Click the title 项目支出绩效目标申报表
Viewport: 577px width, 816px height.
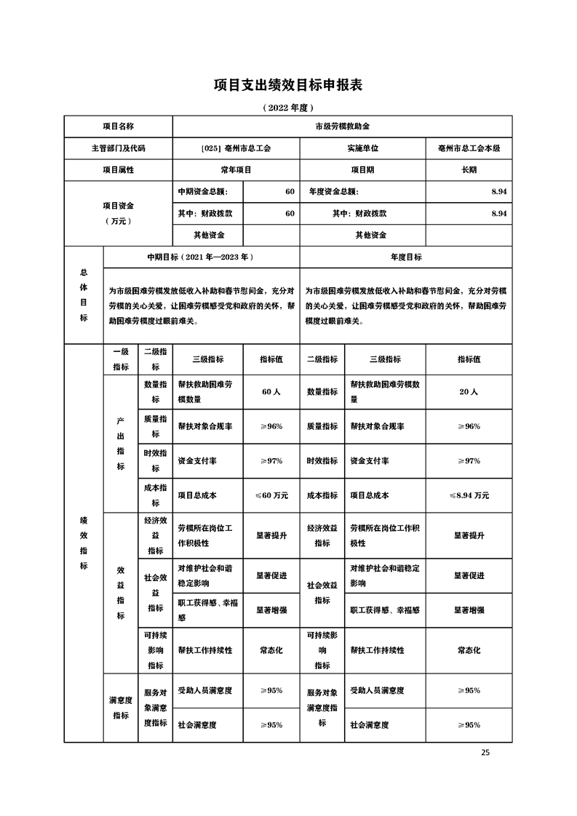tap(287, 85)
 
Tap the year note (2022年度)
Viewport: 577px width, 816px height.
tap(287, 108)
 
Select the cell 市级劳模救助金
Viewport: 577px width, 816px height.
tap(342, 126)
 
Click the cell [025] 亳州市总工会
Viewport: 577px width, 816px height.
tap(235, 148)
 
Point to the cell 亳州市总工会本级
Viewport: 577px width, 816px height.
tap(469, 148)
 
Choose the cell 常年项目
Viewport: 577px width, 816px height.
tap(235, 169)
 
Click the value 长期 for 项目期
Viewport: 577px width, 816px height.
tap(469, 169)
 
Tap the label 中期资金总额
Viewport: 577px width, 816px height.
tap(202, 192)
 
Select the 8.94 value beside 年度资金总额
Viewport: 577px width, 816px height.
tap(498, 192)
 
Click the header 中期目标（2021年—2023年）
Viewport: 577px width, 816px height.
tap(201, 257)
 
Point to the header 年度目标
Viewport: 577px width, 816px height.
tap(406, 257)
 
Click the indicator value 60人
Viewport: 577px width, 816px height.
tap(271, 392)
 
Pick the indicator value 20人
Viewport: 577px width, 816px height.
tap(469, 392)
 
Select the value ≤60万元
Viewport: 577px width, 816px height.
tap(271, 495)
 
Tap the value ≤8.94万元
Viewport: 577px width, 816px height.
tap(469, 495)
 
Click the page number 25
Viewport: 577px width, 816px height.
tap(485, 753)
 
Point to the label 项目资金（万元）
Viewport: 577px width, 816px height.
tap(118, 213)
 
